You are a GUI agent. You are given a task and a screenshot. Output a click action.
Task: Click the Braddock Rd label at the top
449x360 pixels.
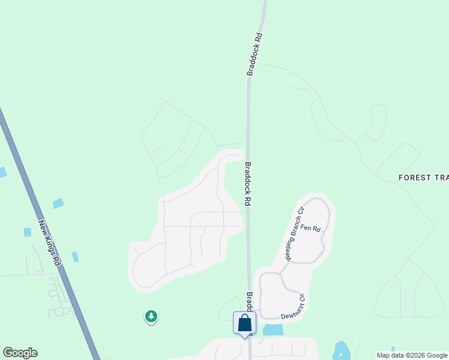point(255,54)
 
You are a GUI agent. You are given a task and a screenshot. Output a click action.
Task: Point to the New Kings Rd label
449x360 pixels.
point(50,244)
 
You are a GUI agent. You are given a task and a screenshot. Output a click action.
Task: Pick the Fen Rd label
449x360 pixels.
point(311,229)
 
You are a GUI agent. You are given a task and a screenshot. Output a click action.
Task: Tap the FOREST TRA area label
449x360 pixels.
point(423,178)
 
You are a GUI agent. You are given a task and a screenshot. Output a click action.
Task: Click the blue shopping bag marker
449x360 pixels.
point(244,323)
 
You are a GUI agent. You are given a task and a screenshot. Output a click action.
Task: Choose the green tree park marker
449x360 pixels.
point(151,316)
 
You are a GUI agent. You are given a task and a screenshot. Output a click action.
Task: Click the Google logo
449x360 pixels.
point(20,353)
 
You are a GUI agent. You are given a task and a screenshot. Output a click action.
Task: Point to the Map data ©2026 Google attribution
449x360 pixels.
point(412,355)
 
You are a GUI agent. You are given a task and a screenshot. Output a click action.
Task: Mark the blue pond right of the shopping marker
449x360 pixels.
point(273,329)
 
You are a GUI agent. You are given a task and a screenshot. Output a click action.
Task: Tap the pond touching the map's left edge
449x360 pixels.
point(2,172)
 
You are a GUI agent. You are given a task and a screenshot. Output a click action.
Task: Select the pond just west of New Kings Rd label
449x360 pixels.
point(28,232)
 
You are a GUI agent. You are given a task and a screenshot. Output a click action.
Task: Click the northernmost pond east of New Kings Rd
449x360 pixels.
point(58,203)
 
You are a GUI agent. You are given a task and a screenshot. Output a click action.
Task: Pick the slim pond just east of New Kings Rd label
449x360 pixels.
point(75,257)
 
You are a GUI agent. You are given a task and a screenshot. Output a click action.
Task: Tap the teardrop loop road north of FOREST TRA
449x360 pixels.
point(378,123)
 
